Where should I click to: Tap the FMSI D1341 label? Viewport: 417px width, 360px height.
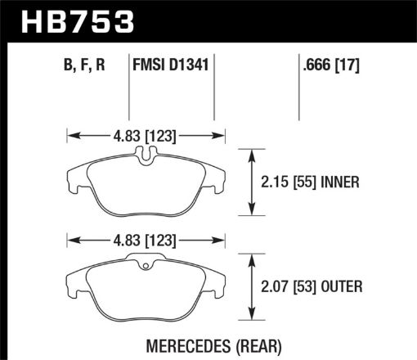(171, 65)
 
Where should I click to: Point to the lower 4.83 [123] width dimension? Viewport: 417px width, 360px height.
(146, 241)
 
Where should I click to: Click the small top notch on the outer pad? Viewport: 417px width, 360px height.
(146, 262)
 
